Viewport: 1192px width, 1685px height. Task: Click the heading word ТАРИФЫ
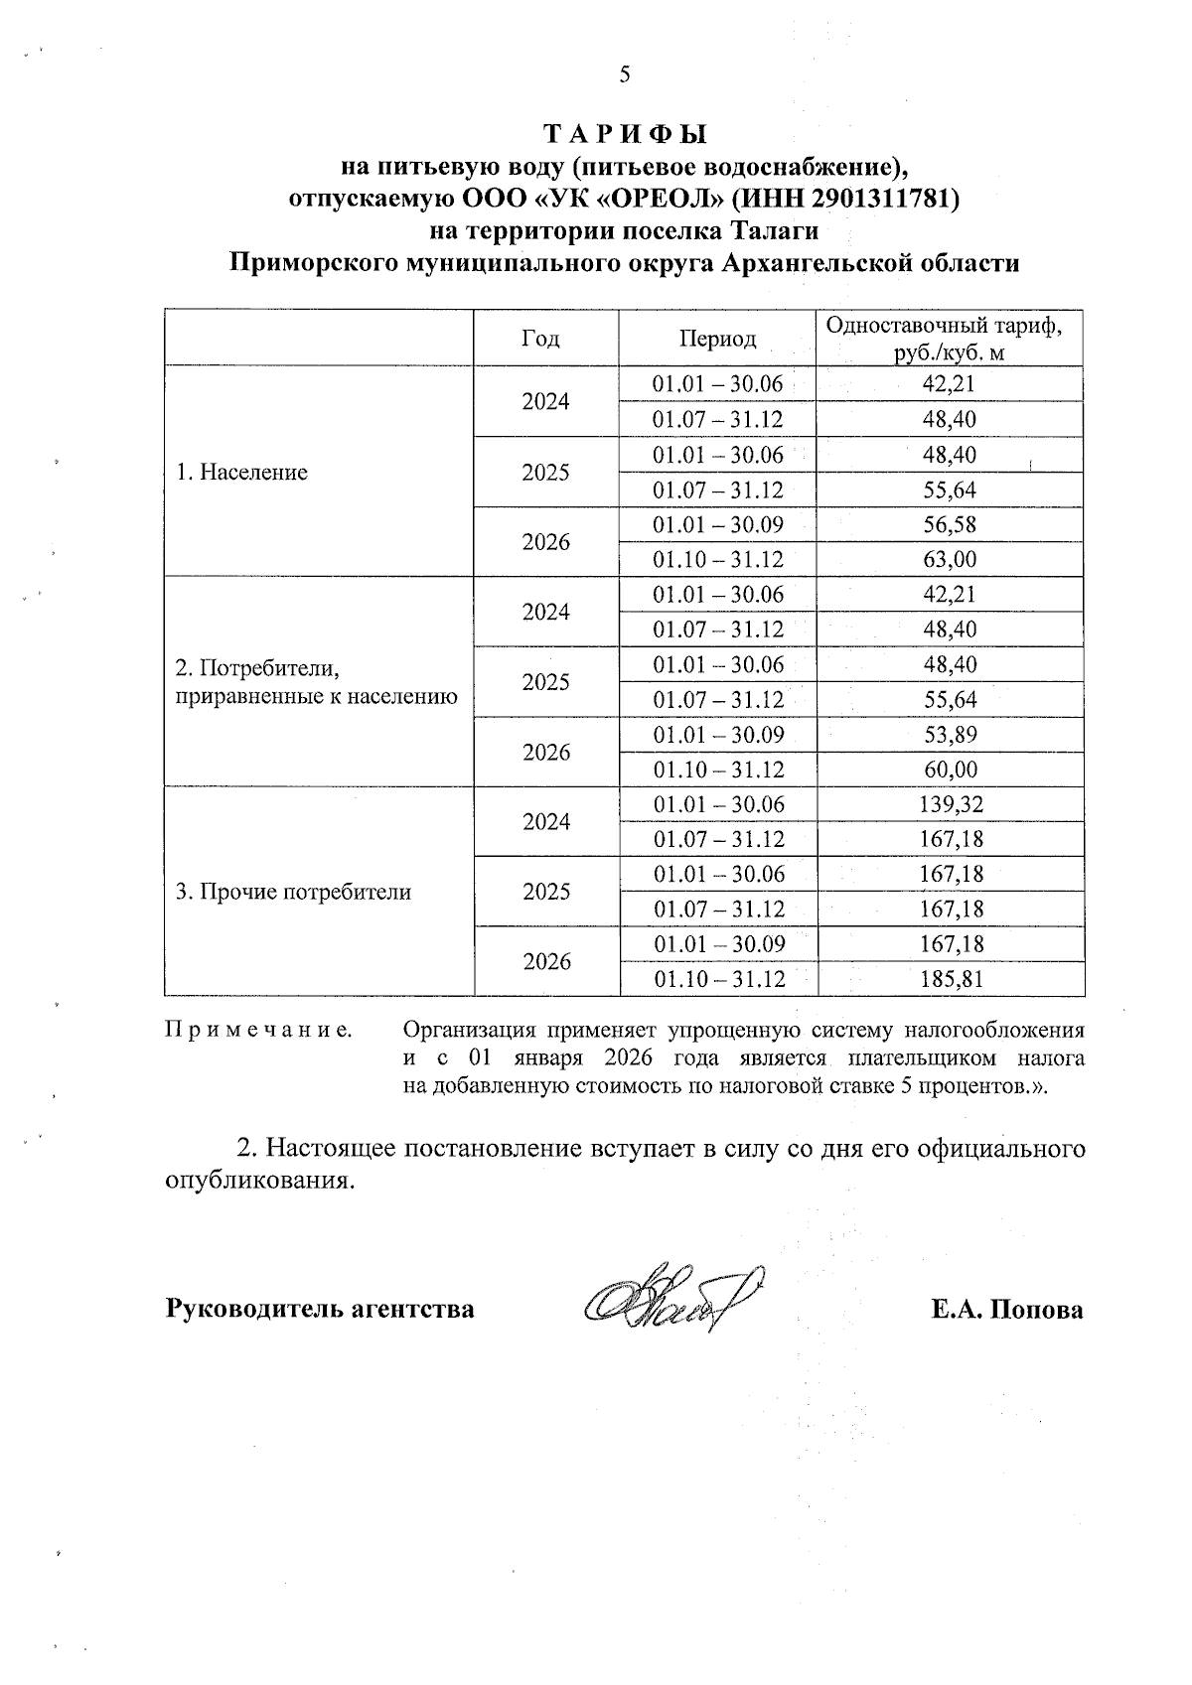coord(624,133)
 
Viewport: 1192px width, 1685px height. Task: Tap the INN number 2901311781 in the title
coord(881,198)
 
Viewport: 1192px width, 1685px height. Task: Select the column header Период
coord(717,340)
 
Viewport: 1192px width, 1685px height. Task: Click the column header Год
coord(539,340)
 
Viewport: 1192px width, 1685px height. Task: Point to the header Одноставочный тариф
coord(949,326)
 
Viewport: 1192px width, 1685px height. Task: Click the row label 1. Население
coord(241,473)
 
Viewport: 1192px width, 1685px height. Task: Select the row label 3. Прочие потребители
coord(293,892)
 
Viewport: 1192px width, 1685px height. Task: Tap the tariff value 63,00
coord(950,560)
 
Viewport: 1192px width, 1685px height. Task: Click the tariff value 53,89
coord(950,735)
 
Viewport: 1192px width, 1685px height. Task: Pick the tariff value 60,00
coord(950,770)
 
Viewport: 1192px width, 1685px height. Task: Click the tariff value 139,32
coord(950,804)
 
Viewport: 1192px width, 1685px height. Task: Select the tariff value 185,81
coord(950,979)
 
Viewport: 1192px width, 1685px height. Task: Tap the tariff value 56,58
coord(950,525)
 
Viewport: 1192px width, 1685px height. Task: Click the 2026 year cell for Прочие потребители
coord(546,962)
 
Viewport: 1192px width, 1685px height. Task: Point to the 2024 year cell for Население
coord(546,402)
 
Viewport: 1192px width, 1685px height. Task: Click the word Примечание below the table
coord(258,1030)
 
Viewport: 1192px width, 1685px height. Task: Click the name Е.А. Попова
coord(1007,1310)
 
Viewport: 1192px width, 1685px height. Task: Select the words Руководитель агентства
coord(319,1310)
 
